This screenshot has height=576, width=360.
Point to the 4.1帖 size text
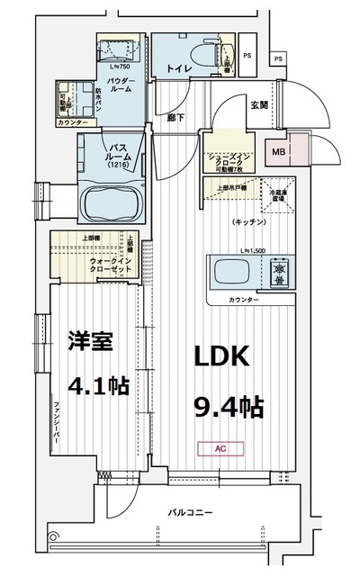(96, 386)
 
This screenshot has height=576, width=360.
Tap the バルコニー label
(190, 512)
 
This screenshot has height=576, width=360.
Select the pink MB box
(279, 151)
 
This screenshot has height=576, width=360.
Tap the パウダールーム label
(121, 86)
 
